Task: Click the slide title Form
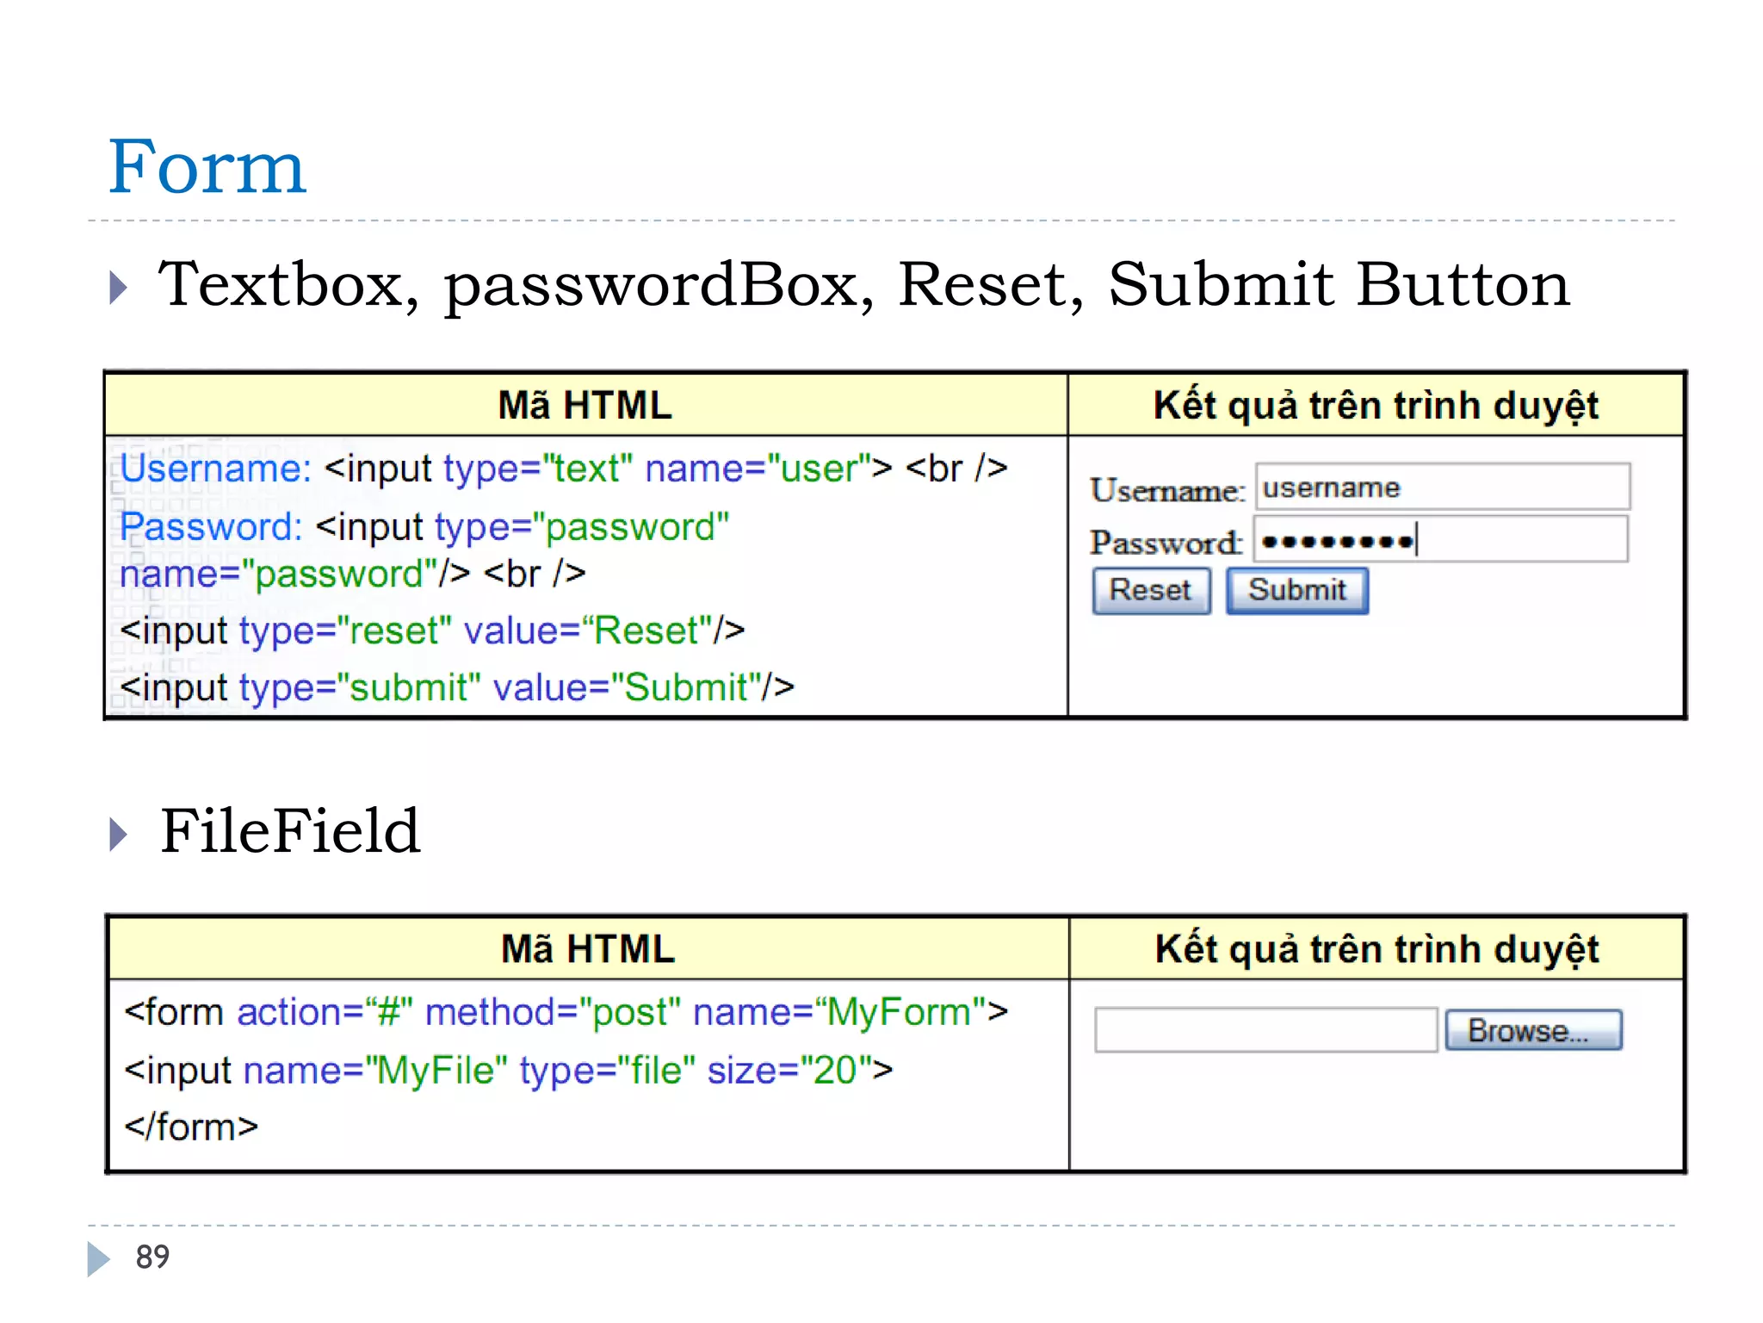[x=207, y=167]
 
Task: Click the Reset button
[x=1151, y=591]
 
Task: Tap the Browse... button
[x=1533, y=1030]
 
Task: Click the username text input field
[x=1442, y=488]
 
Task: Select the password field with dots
[x=1440, y=541]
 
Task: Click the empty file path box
[x=1265, y=1030]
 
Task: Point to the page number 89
[x=152, y=1258]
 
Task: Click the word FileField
[x=290, y=831]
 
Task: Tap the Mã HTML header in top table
[x=585, y=406]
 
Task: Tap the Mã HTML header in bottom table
[x=588, y=949]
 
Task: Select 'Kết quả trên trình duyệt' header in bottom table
[x=1376, y=949]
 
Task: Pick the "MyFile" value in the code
[x=436, y=1071]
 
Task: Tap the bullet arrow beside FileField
[x=119, y=834]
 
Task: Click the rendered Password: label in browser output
[x=1165, y=543]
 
